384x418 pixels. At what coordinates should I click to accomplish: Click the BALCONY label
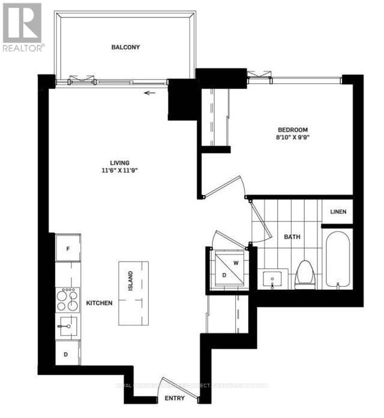pos(125,47)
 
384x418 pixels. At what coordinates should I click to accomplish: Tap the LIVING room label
pos(121,162)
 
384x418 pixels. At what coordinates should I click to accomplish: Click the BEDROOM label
pos(292,130)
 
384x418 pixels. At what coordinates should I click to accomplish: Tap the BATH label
pos(292,237)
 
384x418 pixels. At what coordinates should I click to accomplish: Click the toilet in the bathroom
pos(304,272)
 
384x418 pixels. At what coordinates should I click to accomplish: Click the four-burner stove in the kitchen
pos(68,299)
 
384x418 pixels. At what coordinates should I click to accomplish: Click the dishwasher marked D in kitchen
pos(67,353)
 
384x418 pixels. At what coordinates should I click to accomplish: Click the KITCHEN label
pos(99,304)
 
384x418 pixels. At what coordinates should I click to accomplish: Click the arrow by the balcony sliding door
pos(149,93)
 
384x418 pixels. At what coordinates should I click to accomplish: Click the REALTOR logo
pos(23,27)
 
